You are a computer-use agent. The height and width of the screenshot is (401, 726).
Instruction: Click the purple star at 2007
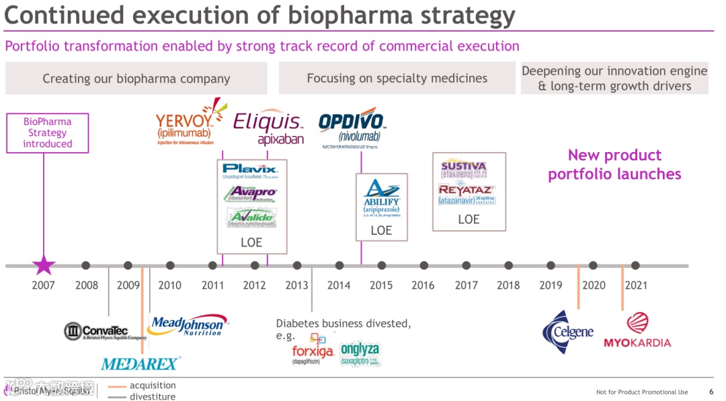pyautogui.click(x=44, y=266)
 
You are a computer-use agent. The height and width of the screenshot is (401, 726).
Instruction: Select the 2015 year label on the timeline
pyautogui.click(x=381, y=285)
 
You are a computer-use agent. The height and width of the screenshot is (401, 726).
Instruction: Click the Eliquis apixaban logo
pyautogui.click(x=269, y=128)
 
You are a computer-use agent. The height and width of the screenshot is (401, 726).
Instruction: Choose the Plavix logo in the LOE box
pyautogui.click(x=251, y=172)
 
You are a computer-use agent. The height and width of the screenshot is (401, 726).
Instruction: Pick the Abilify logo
pyautogui.click(x=381, y=196)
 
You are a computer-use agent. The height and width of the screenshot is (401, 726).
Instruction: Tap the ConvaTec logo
pyautogui.click(x=105, y=332)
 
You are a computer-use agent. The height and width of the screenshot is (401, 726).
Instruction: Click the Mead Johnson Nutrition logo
pyautogui.click(x=187, y=326)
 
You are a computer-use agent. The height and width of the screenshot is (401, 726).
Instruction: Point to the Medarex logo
pyautogui.click(x=140, y=364)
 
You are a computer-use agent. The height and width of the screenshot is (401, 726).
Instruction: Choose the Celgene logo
pyautogui.click(x=568, y=329)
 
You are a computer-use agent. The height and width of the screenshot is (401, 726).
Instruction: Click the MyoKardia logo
pyautogui.click(x=637, y=332)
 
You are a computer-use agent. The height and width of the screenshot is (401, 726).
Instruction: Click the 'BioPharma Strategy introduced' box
pyautogui.click(x=47, y=133)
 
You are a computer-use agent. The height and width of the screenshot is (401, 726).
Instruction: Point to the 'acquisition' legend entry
pyautogui.click(x=152, y=386)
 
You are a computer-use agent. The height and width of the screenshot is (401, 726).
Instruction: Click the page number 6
pyautogui.click(x=711, y=392)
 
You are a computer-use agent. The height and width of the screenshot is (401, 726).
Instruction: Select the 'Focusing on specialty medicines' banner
pyautogui.click(x=397, y=78)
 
